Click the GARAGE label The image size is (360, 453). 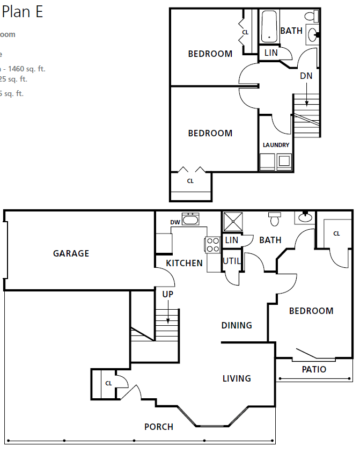[71, 253]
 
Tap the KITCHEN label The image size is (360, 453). [184, 263]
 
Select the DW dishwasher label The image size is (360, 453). [175, 222]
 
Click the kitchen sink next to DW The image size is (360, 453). [190, 219]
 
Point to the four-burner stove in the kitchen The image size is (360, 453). [213, 245]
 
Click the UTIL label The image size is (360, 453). [232, 261]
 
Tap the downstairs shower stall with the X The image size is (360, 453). [233, 221]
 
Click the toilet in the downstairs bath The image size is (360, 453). [275, 218]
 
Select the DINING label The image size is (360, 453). [237, 325]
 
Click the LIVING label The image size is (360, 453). [237, 378]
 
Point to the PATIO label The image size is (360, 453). [314, 369]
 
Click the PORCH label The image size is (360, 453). [159, 427]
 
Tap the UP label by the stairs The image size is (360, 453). [168, 294]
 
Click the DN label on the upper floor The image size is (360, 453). [306, 76]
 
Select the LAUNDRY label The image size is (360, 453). [276, 145]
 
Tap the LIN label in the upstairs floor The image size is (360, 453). [271, 53]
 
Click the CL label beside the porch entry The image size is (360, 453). [108, 383]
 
